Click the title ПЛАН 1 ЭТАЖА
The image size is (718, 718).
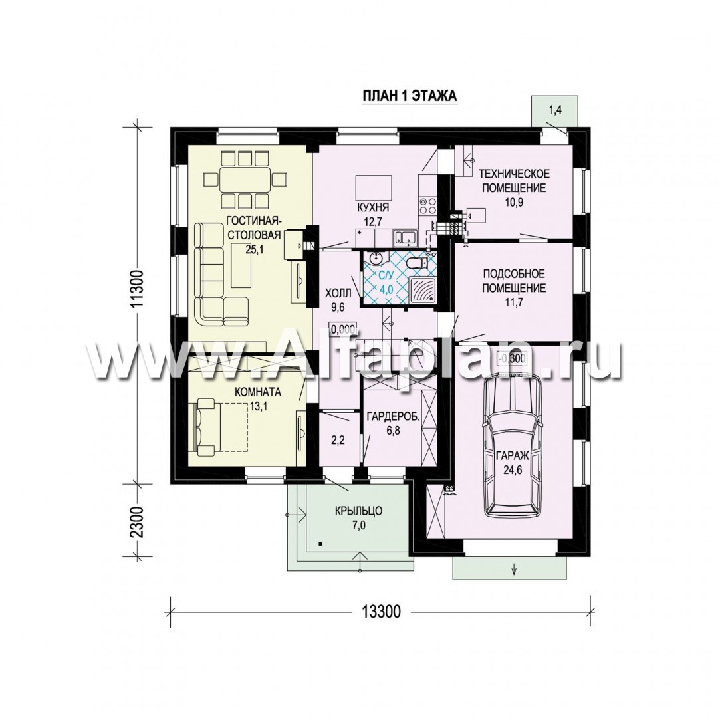(410, 96)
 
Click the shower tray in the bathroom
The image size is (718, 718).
(419, 291)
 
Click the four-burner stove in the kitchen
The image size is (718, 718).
(427, 205)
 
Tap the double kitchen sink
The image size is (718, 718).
(406, 237)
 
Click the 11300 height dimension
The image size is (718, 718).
(138, 291)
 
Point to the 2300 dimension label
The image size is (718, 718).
(138, 522)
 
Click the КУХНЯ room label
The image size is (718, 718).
(373, 207)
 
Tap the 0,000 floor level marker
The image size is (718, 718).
(343, 330)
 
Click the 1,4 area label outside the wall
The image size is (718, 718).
(555, 109)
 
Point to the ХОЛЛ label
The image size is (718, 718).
(338, 292)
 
